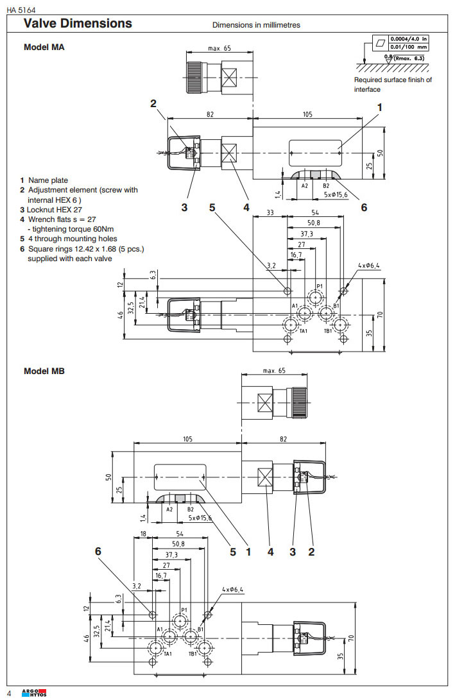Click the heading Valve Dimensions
[78, 24]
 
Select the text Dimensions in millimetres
[256, 26]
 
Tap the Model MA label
[44, 47]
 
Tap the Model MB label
[44, 371]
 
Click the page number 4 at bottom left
[9, 693]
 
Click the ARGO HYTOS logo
[35, 693]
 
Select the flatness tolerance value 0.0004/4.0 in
[409, 39]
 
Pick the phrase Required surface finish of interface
[393, 85]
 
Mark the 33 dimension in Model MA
[270, 212]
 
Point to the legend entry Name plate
[47, 180]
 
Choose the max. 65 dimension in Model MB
[274, 371]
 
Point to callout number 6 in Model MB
[98, 551]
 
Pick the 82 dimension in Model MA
[210, 114]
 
